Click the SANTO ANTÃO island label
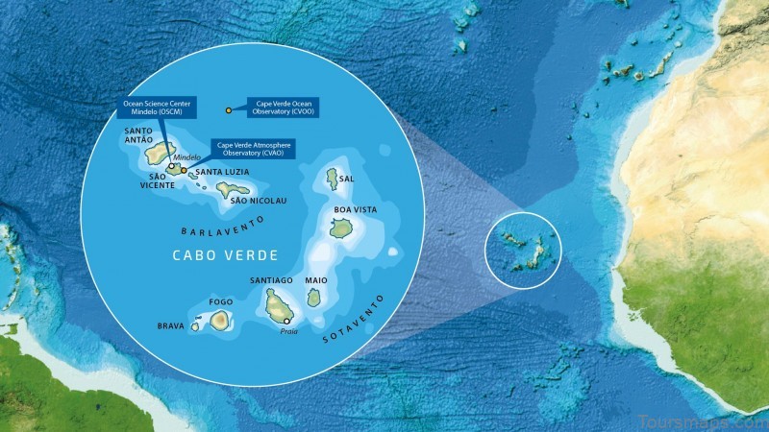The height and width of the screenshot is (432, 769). (x=139, y=135)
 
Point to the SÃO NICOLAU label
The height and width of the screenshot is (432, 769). (x=259, y=201)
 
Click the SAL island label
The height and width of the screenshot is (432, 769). (x=347, y=178)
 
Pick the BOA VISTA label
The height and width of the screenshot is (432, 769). (x=355, y=209)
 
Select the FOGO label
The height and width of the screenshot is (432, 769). (x=220, y=301)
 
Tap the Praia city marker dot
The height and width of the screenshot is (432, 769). (x=286, y=321)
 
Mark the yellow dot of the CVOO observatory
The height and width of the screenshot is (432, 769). (x=228, y=110)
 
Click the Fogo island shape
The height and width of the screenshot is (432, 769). (x=220, y=319)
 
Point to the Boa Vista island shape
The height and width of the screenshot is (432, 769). (x=339, y=228)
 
